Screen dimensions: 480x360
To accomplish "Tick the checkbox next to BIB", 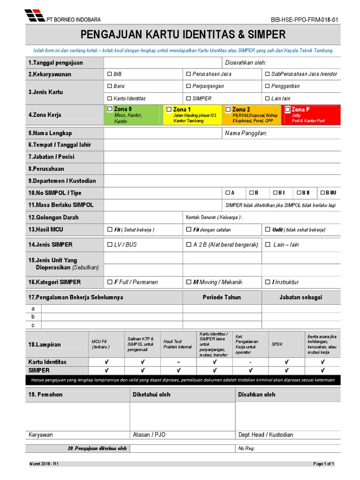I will point(110,74).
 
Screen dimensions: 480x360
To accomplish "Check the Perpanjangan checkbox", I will point(188,86).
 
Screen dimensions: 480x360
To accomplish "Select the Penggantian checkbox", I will point(267,86).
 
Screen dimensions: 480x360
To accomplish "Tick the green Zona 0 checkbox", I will point(110,109).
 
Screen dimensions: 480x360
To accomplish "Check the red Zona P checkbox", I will point(288,109).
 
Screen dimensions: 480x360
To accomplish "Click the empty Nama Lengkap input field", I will point(162,133).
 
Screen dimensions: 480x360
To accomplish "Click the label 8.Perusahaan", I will point(46,169).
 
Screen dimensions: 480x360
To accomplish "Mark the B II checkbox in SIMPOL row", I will point(299,193).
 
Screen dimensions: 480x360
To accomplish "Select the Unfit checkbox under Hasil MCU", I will point(267,230).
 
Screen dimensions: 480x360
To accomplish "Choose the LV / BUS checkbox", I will point(110,245).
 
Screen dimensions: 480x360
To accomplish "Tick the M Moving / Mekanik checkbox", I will point(188,282).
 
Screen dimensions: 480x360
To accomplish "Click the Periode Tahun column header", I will point(222,297).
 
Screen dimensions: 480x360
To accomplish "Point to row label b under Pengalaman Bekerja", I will point(33,317).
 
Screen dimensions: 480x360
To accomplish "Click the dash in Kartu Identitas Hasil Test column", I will point(178,362).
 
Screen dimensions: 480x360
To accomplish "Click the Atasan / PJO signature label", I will point(149,435).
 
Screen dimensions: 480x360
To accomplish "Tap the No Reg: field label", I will point(246,449).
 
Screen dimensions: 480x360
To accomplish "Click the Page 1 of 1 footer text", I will point(323,464).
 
